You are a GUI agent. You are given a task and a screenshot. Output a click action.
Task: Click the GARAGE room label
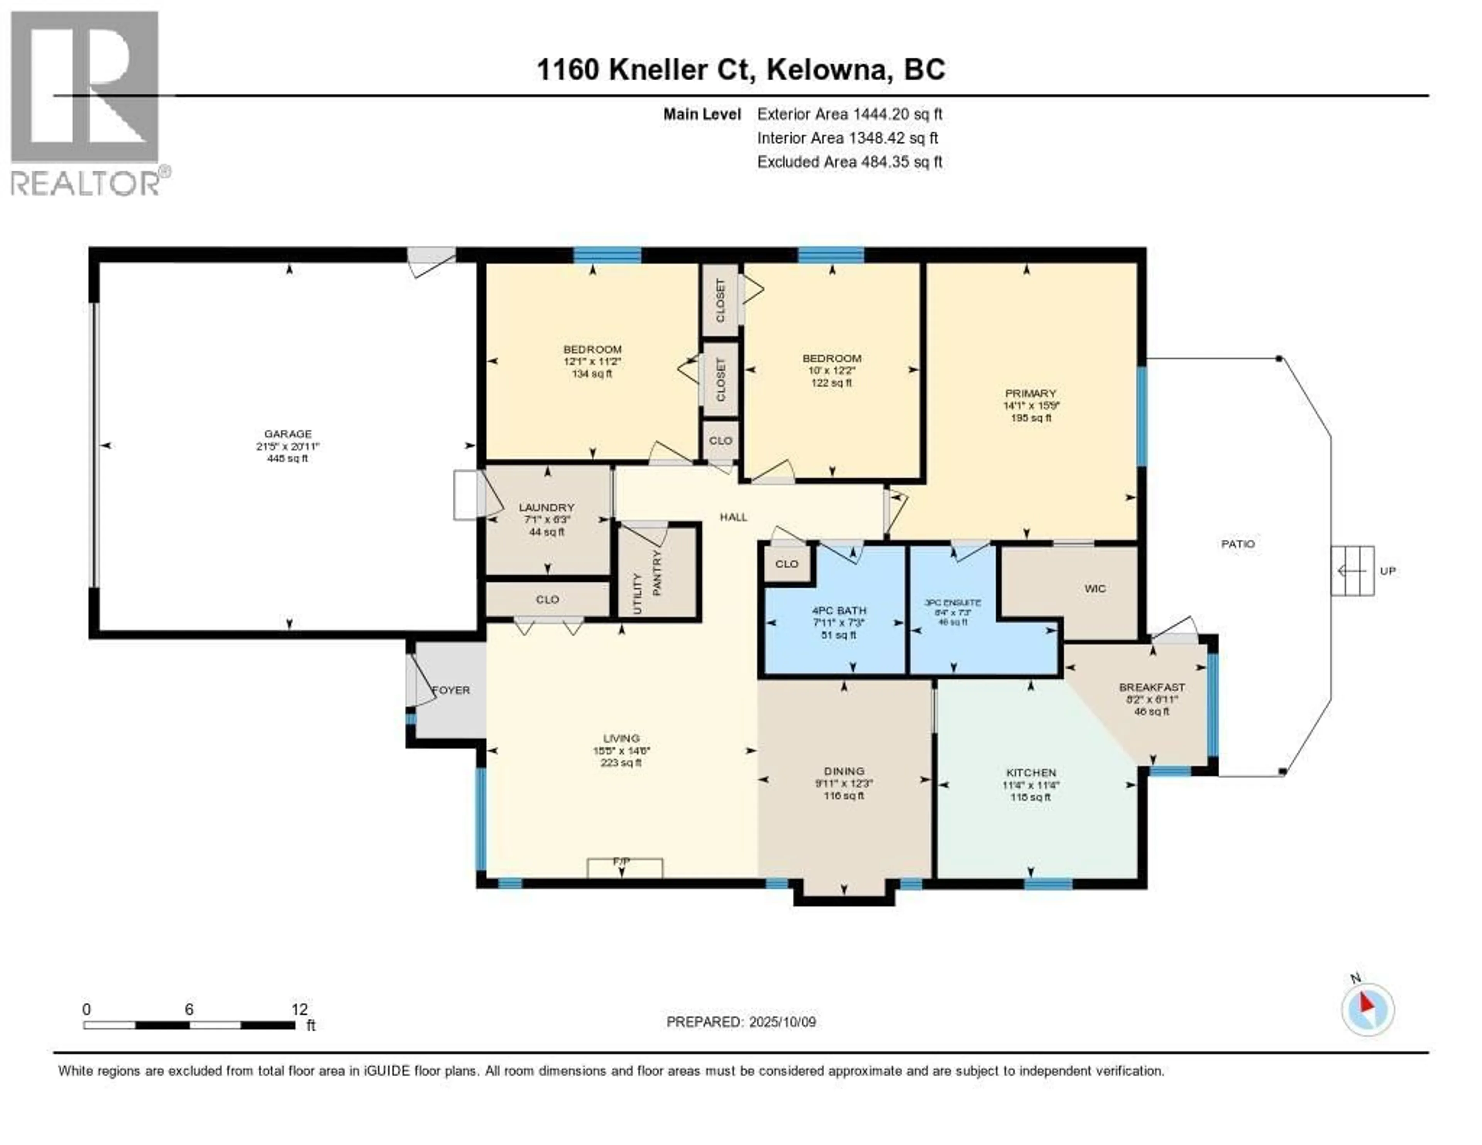point(288,434)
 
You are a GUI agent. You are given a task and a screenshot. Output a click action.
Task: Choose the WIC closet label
point(1095,588)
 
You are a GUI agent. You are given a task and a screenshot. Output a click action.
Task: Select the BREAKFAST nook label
point(1152,687)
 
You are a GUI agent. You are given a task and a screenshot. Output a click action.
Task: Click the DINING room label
point(843,771)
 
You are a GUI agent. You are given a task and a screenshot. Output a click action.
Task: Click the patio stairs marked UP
point(1352,571)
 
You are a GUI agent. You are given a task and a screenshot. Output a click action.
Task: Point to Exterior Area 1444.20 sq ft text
point(849,114)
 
